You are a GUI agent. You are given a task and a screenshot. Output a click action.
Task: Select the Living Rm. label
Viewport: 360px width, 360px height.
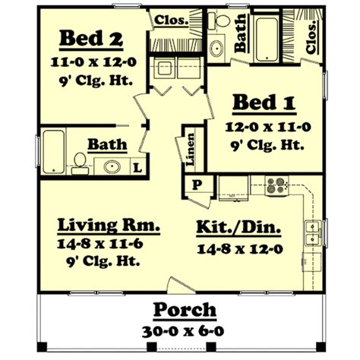click(x=109, y=226)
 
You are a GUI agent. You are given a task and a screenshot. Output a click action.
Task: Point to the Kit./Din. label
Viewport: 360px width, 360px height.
click(x=238, y=226)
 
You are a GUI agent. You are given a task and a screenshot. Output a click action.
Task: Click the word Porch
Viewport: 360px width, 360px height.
click(x=185, y=311)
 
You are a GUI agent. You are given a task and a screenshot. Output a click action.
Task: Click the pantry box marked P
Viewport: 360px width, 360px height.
click(x=195, y=184)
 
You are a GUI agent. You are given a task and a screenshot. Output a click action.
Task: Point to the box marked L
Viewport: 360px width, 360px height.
click(x=137, y=166)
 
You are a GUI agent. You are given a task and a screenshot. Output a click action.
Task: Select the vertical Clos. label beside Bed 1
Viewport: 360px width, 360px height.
click(x=312, y=36)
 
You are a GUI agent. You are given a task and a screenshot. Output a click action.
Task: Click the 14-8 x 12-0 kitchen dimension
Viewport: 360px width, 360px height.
click(x=238, y=248)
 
